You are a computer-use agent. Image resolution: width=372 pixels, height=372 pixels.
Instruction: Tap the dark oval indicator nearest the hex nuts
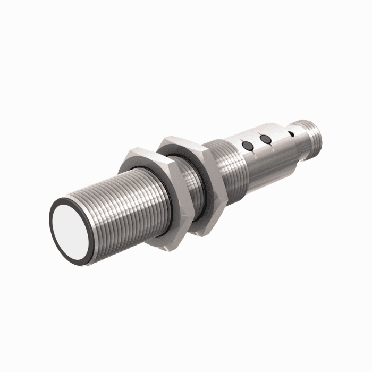246,145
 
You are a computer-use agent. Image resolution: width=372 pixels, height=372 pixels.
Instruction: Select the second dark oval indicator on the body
266,139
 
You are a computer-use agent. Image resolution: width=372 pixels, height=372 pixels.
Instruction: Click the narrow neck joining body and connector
298,141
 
